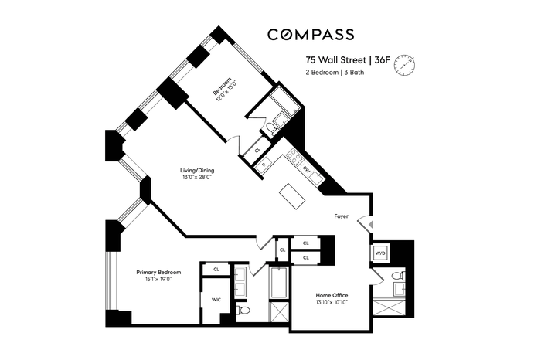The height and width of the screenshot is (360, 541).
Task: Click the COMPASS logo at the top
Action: pos(311,35)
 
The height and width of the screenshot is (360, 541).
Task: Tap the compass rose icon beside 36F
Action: pos(405,65)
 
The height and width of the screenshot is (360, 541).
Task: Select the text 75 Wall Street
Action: pos(335,60)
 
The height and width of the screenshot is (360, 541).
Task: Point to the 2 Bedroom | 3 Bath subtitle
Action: pos(335,73)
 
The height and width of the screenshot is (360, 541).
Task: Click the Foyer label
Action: pos(342,216)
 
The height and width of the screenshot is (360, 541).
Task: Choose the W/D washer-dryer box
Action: pos(380,253)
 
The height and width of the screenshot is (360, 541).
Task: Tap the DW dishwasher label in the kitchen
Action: pos(306,169)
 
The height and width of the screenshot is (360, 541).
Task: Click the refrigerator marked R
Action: pos(264,165)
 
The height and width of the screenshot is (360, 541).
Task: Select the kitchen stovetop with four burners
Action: pos(295,157)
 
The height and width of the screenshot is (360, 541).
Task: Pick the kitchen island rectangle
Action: pos(292,196)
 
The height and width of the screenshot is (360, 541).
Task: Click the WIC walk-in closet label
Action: pos(216,300)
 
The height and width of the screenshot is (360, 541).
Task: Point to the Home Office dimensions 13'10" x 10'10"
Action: pos(332,302)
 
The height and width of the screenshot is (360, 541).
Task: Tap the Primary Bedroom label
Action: pos(158,273)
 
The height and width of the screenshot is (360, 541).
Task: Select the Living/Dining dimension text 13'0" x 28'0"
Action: pos(197,178)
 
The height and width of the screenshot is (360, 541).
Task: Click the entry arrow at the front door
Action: pos(370,225)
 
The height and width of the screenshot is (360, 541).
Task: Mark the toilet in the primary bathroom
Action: pos(243,310)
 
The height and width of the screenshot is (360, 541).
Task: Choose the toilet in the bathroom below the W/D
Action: pos(399,276)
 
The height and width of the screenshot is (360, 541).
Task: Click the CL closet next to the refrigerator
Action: pos(257,150)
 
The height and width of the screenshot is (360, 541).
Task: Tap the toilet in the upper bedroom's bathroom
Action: pos(272,129)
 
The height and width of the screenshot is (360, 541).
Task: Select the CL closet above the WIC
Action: pos(216,270)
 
